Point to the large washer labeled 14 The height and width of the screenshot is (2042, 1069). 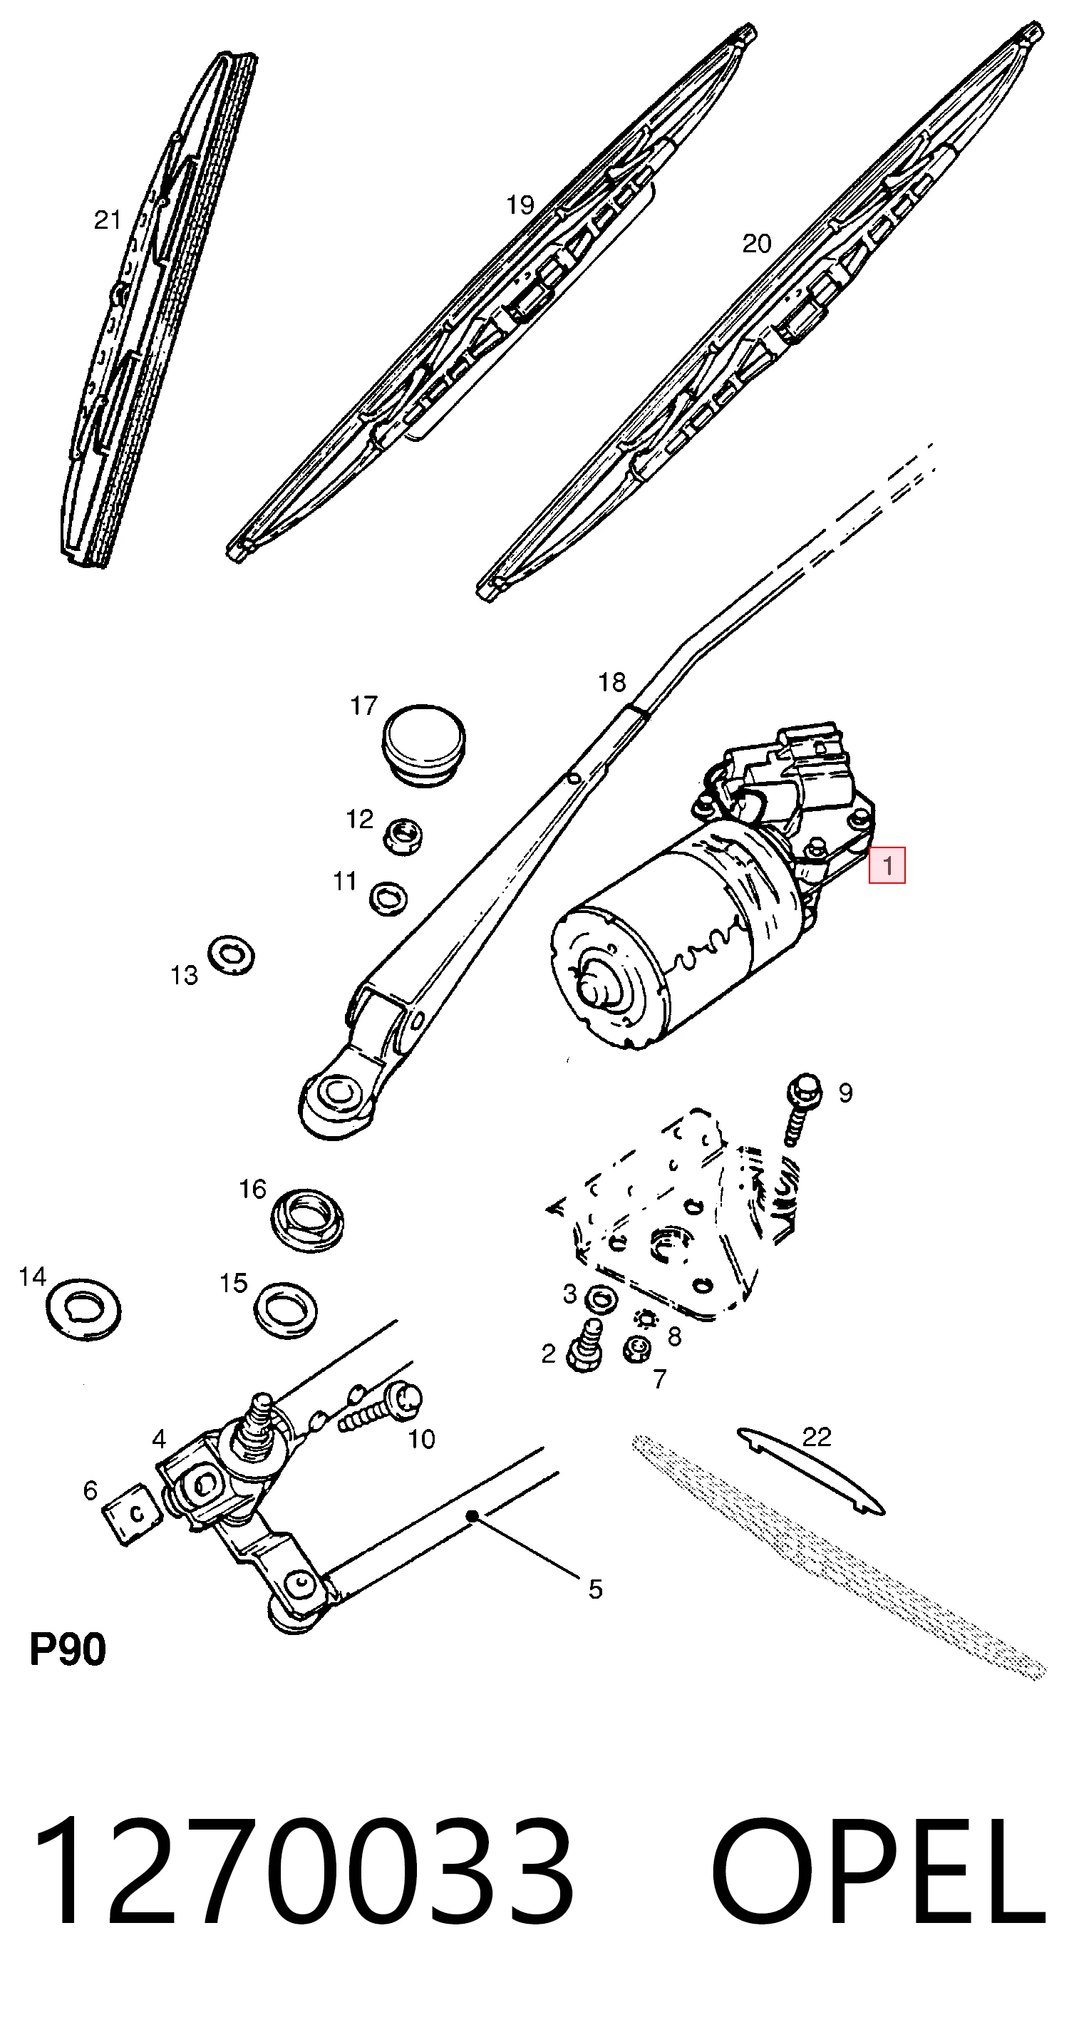(83, 1307)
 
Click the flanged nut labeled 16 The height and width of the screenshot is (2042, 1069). (307, 1218)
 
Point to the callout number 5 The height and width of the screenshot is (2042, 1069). (595, 1589)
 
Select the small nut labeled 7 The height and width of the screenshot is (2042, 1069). (636, 1349)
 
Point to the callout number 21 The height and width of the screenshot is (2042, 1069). (107, 220)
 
